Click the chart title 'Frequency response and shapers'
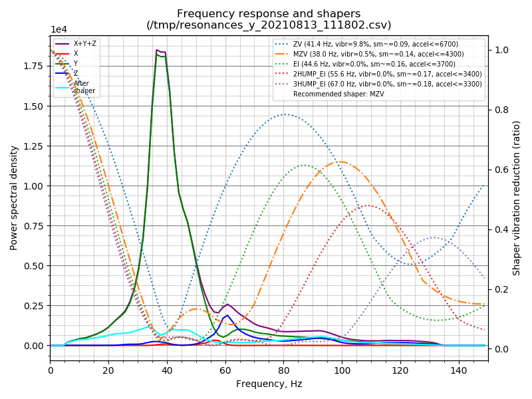[x=269, y=14]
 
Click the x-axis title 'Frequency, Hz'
[x=269, y=384]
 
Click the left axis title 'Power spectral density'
[x=14, y=198]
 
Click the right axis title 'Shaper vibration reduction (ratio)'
[x=517, y=198]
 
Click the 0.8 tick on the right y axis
[x=500, y=110]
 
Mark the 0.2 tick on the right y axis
[x=500, y=289]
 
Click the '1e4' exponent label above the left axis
[x=60, y=30]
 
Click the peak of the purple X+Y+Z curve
[x=157, y=50]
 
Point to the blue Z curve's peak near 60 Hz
[x=227, y=315]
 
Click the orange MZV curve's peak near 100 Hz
[x=339, y=162]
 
